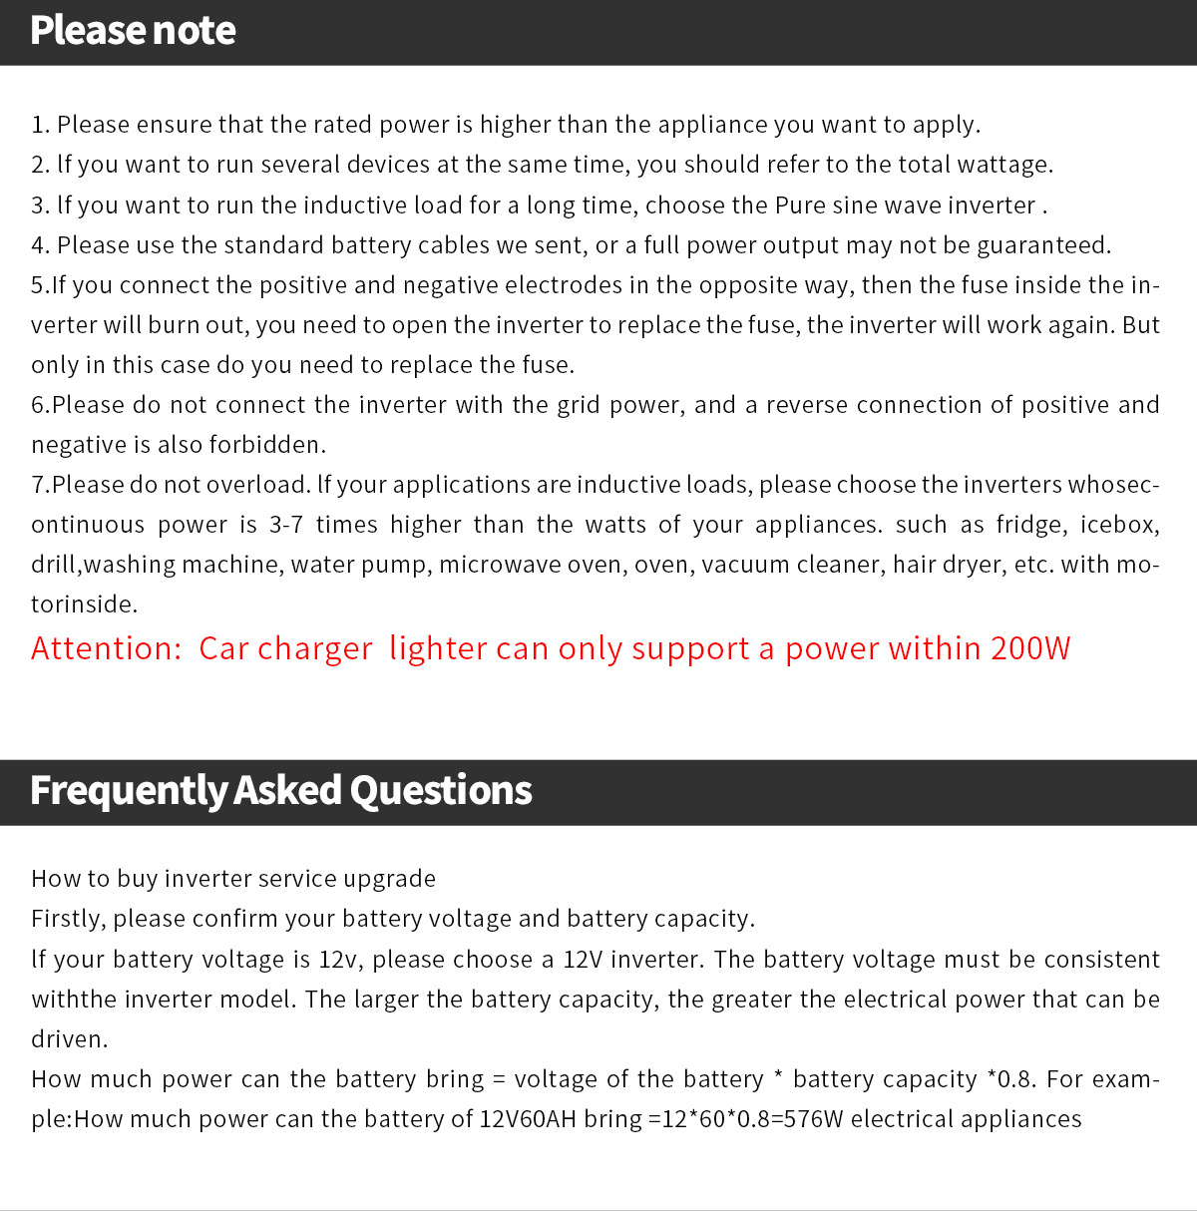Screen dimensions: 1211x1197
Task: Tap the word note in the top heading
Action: (194, 30)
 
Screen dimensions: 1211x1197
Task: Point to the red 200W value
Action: (1030, 648)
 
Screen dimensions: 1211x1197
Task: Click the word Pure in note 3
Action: (800, 205)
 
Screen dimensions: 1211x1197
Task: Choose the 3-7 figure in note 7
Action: (285, 525)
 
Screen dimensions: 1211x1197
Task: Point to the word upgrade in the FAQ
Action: (389, 879)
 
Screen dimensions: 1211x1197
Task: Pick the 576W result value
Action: (813, 1119)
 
